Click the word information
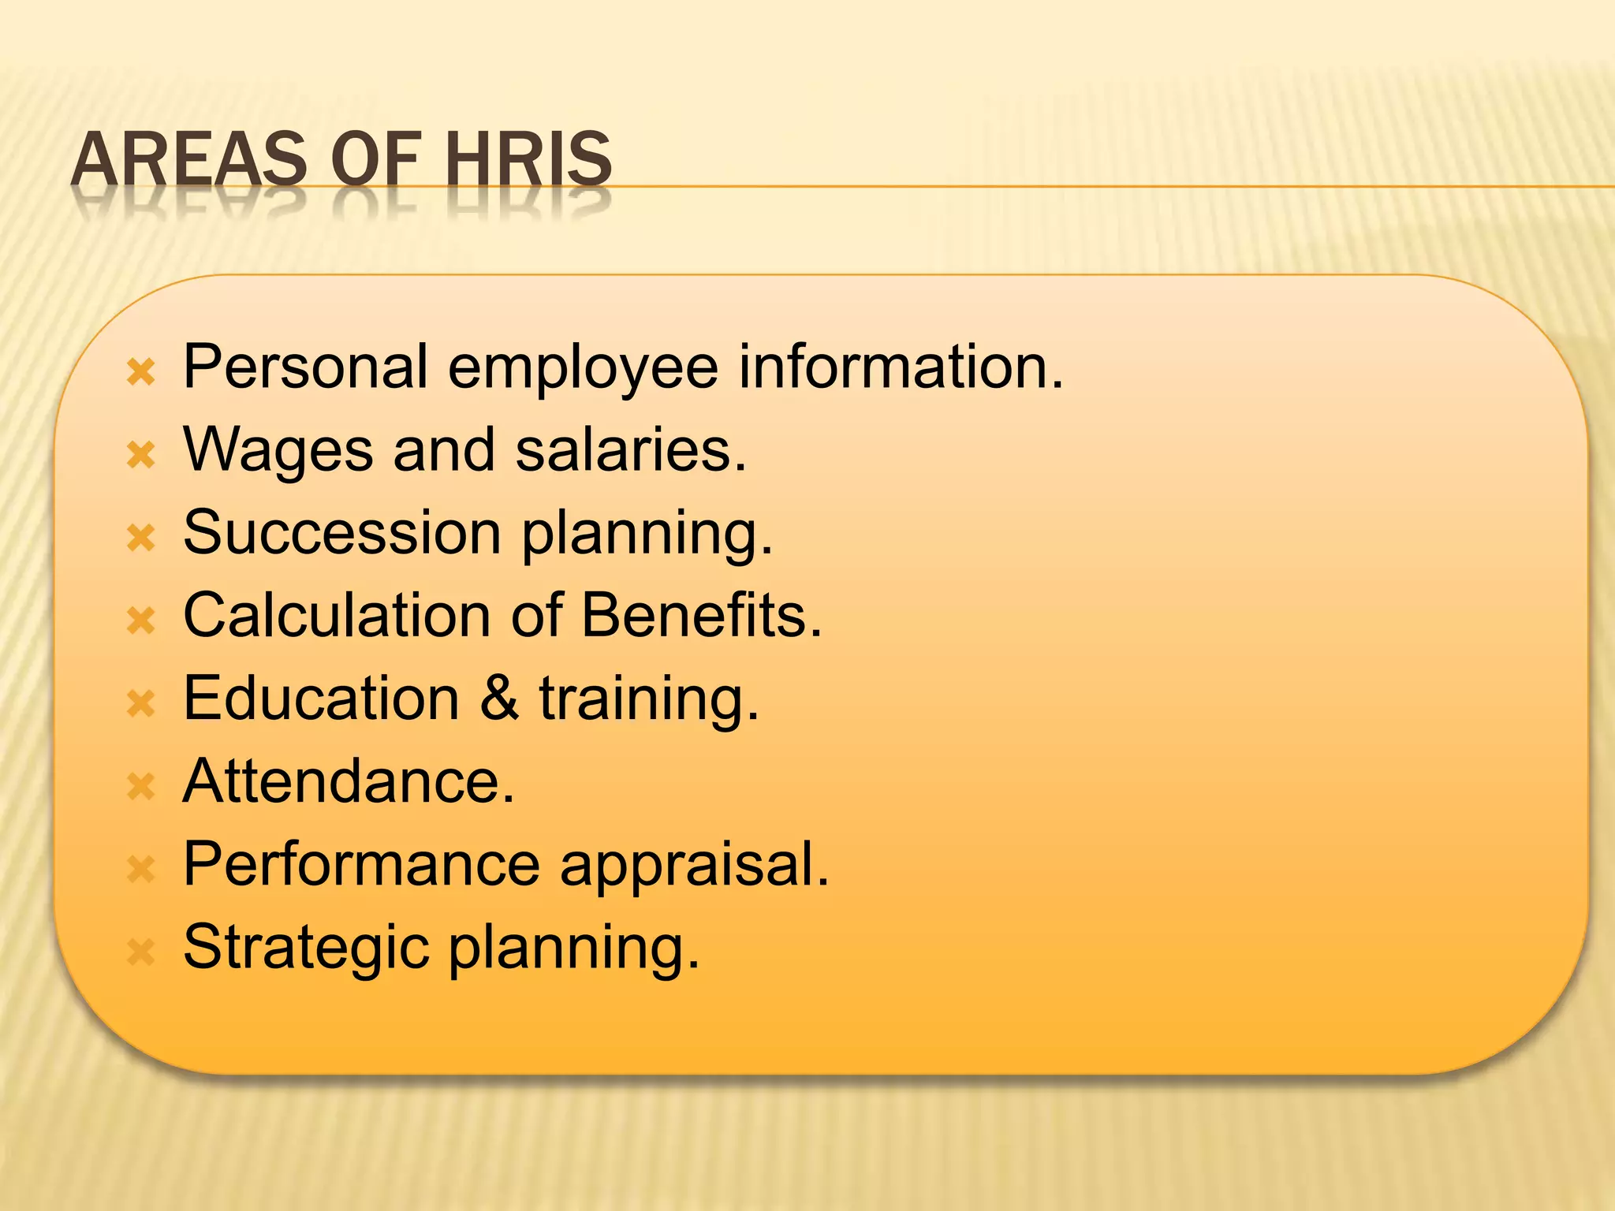click(901, 367)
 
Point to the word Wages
click(278, 450)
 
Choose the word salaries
click(630, 450)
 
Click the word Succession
click(342, 533)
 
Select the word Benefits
click(701, 616)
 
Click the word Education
click(321, 699)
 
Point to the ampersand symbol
click(499, 699)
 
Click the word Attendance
click(349, 781)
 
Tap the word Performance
click(361, 865)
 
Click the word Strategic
click(306, 948)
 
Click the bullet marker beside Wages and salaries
click(142, 455)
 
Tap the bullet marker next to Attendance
click(142, 786)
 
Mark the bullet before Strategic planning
click(142, 952)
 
